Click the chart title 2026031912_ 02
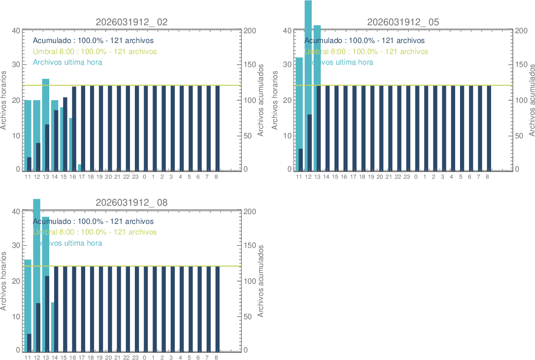point(132,22)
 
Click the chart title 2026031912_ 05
point(403,22)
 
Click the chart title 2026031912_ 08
point(132,203)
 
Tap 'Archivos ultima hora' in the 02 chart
point(67,62)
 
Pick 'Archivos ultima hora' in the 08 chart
point(67,243)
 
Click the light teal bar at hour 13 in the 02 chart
point(46,102)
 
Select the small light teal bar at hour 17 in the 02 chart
point(80,168)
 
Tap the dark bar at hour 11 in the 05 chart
point(301,160)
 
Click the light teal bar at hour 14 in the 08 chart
point(52,326)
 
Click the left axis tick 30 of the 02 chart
point(16,64)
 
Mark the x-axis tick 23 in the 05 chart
point(407,177)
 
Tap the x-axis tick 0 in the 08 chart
point(144,357)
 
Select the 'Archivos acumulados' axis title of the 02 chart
point(261,100)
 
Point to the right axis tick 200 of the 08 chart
point(249,211)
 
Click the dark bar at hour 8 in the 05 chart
point(489,128)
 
